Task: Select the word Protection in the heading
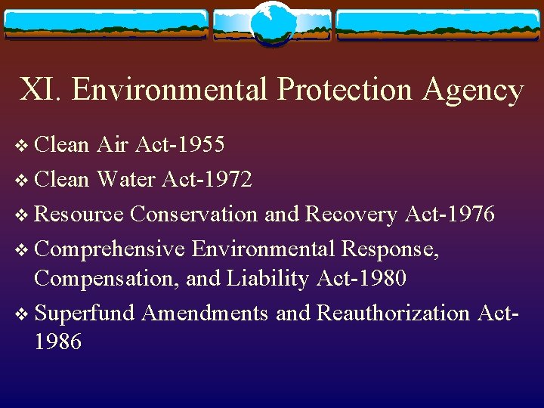(345, 89)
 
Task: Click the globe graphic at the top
(272, 24)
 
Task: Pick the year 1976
(469, 214)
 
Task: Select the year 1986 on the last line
(58, 342)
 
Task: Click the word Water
(125, 179)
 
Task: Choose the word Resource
(79, 214)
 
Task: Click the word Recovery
(351, 214)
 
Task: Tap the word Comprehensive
(110, 247)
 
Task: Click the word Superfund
(84, 311)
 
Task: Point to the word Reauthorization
(393, 311)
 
